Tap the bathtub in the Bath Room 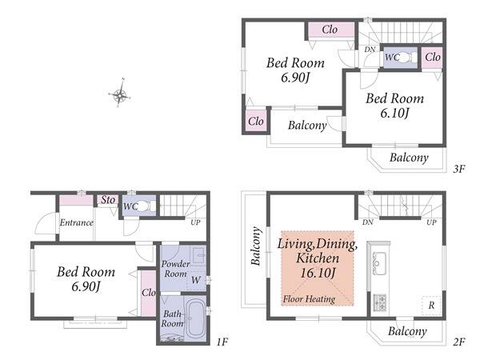click(195, 318)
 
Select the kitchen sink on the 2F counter click(378, 263)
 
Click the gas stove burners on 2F click(379, 302)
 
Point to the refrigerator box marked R click(431, 305)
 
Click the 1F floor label click(222, 342)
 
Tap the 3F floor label click(459, 169)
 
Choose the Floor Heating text click(309, 298)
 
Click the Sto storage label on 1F click(108, 199)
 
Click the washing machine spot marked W click(196, 280)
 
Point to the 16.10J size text click(318, 273)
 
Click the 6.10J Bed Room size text click(395, 114)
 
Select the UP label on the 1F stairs click(195, 222)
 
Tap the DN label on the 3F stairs click(370, 49)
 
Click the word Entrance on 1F click(76, 222)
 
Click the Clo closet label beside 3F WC click(433, 57)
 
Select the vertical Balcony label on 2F click(256, 246)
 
